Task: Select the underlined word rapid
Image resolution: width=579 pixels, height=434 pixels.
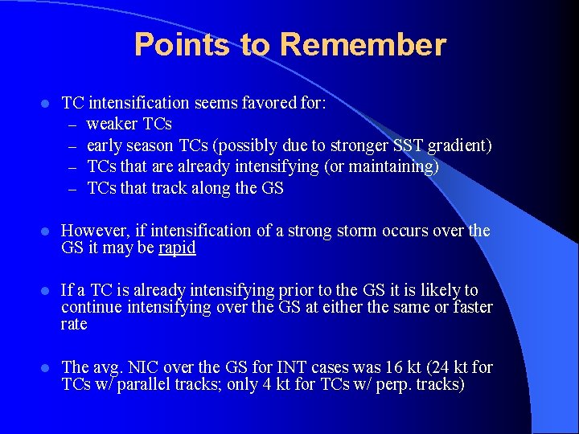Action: (177, 248)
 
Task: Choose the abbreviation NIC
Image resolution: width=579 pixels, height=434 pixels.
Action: (147, 367)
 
